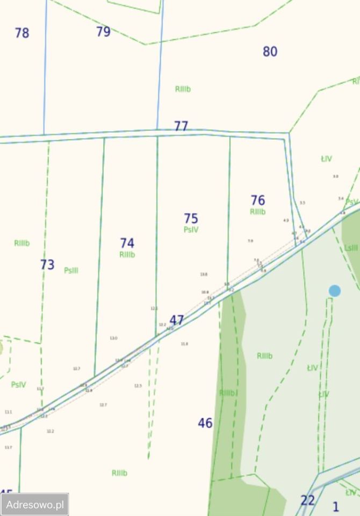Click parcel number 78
[x=22, y=33]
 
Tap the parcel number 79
[x=103, y=32]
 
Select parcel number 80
[x=270, y=52]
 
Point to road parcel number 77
[x=181, y=126]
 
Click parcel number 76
[x=258, y=200]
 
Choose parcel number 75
[x=191, y=219]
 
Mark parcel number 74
[x=127, y=243]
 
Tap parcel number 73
[x=47, y=265]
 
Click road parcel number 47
[x=177, y=320]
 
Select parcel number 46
[x=205, y=424]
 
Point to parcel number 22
[x=307, y=500]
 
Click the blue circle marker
[x=335, y=291]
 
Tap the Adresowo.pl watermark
[x=35, y=505]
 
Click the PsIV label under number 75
[x=191, y=230]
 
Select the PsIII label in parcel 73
[x=71, y=270]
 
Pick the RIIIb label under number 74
[x=127, y=255]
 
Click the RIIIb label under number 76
[x=258, y=212]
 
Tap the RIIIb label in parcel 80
[x=183, y=89]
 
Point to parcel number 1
[x=336, y=506]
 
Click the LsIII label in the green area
[x=351, y=248]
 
